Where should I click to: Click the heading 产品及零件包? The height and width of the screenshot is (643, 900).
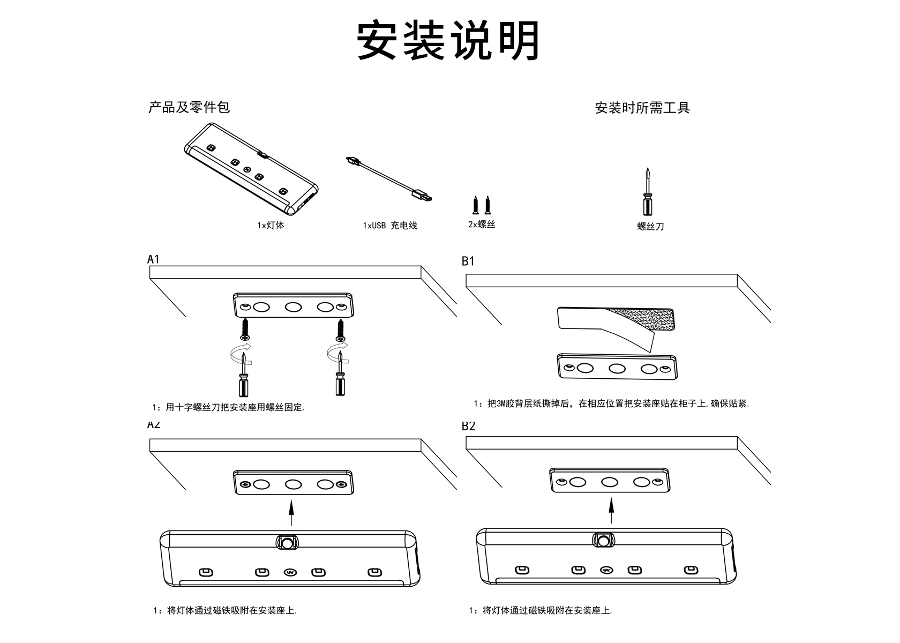pos(189,107)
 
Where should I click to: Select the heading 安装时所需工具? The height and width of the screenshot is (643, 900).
pos(642,108)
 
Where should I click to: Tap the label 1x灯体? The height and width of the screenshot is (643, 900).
pos(271,225)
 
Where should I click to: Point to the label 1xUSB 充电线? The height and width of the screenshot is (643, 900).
pos(389,226)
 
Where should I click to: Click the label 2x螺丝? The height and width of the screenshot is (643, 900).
pos(482,225)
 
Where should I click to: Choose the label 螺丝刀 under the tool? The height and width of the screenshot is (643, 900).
pos(650,226)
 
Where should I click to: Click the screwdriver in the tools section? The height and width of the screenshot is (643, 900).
pos(648,193)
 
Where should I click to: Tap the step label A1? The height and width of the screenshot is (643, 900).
pos(154,259)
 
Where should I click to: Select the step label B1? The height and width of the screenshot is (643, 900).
pos(468,261)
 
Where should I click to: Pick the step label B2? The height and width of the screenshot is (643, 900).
pos(468,426)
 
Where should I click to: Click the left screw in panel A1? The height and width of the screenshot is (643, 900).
pos(245,330)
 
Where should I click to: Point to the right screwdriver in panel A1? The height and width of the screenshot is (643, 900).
pos(340,375)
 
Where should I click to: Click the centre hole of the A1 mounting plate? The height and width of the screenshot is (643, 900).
pos(293,307)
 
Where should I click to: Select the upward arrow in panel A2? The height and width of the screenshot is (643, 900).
pos(291,513)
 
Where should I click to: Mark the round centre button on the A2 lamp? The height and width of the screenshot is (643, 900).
pos(290,572)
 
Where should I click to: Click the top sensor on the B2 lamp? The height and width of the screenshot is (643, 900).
pos(604,540)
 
